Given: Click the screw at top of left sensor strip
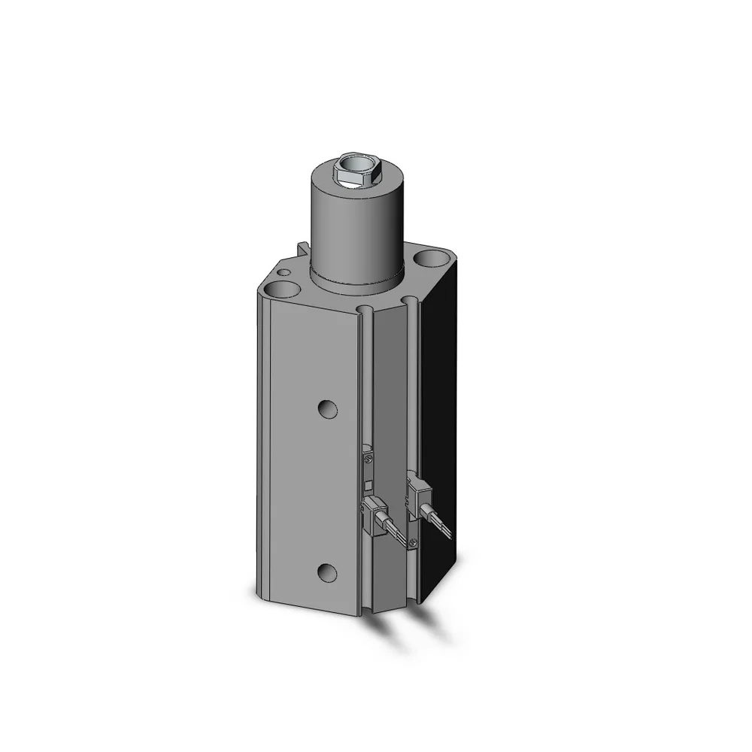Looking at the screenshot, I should click(367, 453).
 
